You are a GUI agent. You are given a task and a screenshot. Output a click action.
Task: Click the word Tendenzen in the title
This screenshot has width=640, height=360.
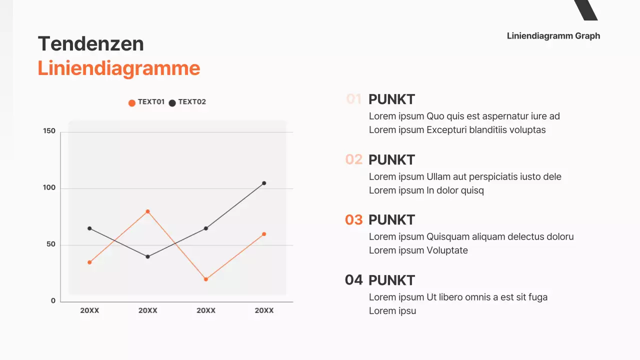point(90,44)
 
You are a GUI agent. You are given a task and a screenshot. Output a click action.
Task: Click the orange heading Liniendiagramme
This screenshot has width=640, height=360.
point(118,68)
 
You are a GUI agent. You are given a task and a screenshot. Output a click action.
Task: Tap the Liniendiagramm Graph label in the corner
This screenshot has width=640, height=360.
point(553,36)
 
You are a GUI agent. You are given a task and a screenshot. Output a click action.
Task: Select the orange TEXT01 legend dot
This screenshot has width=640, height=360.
point(132,103)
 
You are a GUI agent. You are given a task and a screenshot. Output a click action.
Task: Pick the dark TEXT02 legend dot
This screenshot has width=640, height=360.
point(172,103)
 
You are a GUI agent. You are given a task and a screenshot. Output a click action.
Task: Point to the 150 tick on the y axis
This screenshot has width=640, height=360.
point(49,131)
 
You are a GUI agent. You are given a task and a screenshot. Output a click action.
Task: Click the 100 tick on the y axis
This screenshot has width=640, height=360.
point(49,188)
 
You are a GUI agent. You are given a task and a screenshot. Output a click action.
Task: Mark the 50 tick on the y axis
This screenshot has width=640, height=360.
point(51,244)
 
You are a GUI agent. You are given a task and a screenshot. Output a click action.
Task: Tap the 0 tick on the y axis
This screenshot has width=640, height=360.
point(53,301)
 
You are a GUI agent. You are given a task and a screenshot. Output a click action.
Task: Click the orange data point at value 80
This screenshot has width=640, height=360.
point(147,211)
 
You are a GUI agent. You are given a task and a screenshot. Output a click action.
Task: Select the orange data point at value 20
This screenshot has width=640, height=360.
point(205,279)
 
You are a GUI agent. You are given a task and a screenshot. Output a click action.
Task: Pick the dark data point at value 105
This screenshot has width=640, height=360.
point(264,183)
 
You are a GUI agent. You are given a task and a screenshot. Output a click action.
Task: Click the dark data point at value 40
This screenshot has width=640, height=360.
point(147,256)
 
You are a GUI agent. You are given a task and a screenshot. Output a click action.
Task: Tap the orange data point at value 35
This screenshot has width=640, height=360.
point(89,262)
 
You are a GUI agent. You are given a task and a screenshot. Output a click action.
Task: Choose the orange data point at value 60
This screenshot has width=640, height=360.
point(264,234)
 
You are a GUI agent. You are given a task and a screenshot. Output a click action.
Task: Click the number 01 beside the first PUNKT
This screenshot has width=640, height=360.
point(353,99)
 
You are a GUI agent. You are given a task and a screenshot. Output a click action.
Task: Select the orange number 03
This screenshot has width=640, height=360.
point(353,219)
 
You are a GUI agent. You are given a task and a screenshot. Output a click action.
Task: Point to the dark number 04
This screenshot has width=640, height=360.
point(353,280)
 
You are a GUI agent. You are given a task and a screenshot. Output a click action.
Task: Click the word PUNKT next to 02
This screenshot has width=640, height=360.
point(391,160)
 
